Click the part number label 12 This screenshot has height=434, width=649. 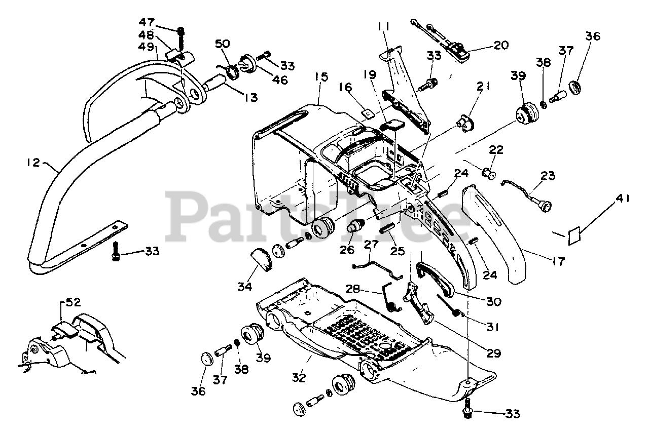(33, 163)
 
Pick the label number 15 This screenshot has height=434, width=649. (321, 77)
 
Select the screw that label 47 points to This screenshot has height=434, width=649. (181, 36)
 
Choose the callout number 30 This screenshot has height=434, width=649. (493, 302)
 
